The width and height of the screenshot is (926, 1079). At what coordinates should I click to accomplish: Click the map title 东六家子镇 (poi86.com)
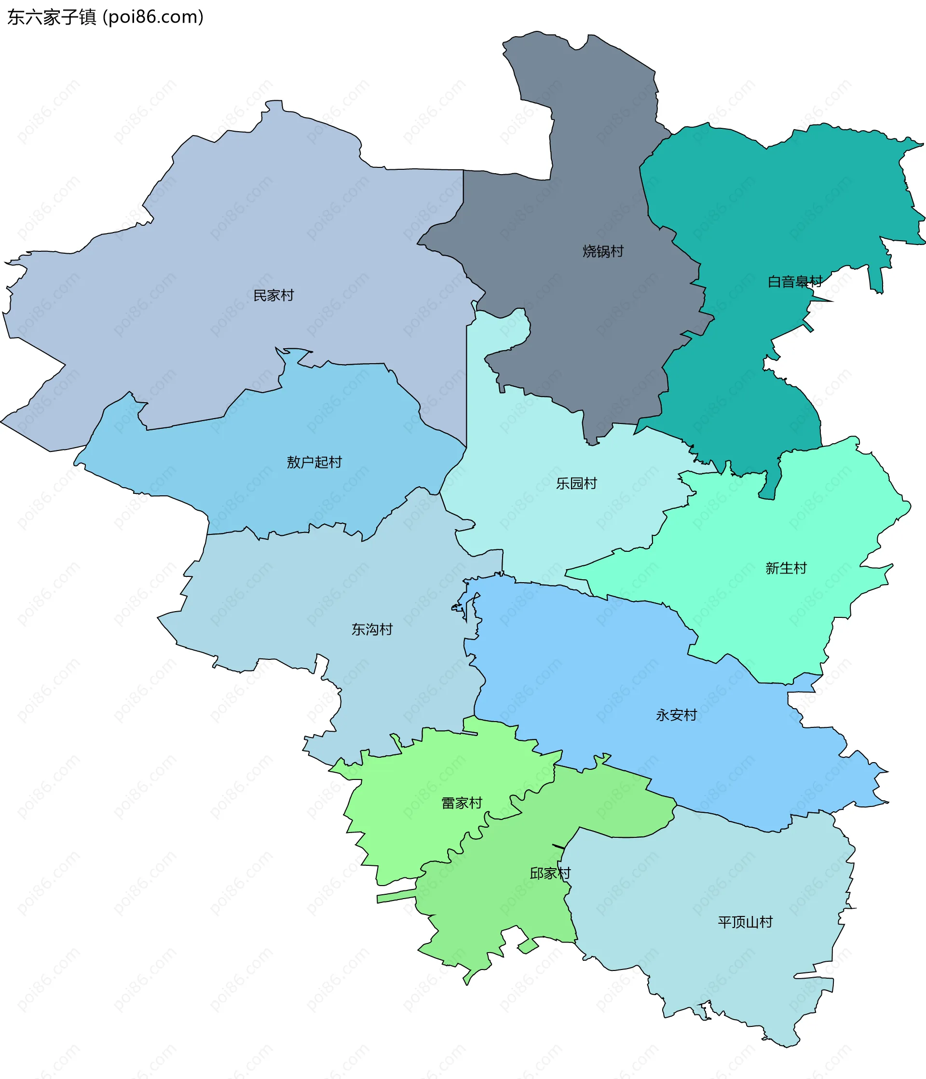pos(105,17)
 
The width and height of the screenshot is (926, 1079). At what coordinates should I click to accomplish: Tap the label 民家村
pos(273,295)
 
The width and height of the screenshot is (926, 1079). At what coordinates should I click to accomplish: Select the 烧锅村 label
pos(602,251)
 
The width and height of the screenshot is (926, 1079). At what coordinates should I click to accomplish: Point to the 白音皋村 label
pos(795,282)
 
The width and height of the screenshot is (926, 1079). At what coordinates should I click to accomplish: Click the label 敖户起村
pos(314,462)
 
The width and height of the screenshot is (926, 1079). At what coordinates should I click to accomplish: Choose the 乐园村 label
pos(576,483)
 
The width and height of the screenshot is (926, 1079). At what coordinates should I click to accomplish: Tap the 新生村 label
pos(785,568)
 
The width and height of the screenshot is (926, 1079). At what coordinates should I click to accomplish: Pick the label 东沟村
pos(372,629)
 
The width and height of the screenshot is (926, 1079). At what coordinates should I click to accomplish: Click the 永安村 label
pos(676,715)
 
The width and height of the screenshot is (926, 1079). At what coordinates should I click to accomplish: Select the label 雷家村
pos(462,803)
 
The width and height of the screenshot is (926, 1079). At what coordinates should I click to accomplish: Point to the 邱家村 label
pos(550,874)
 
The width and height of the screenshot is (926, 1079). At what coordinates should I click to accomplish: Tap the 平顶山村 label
pos(745,922)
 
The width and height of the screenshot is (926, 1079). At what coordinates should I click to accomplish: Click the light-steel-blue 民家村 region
pos(208,234)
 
